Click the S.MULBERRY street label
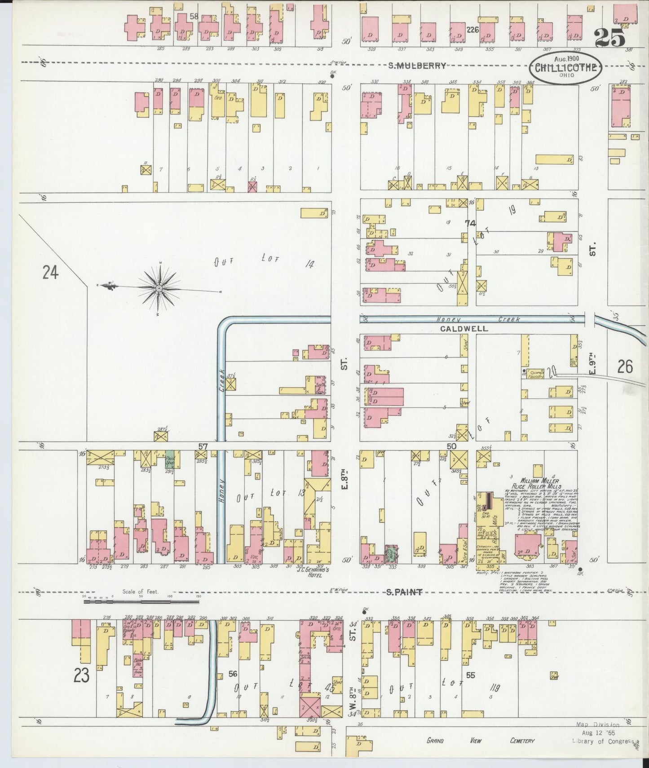(x=417, y=66)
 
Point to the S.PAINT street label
(x=404, y=592)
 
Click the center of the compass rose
(x=159, y=287)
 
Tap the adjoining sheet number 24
(x=50, y=272)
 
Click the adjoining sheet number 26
(x=625, y=367)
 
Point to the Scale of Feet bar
(x=141, y=600)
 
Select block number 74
(x=470, y=223)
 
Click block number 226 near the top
(x=472, y=30)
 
